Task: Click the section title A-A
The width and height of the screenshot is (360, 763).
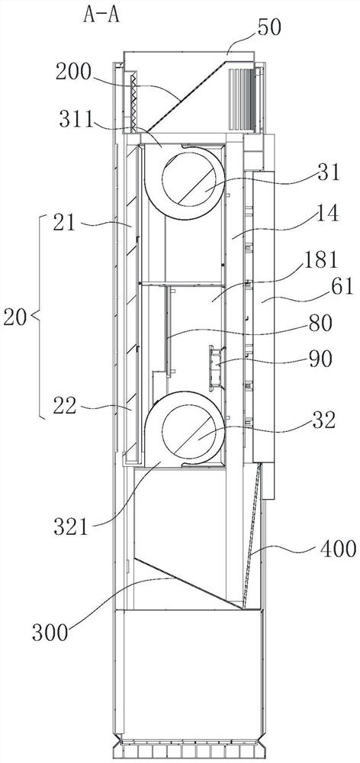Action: (x=101, y=14)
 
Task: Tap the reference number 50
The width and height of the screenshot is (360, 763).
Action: (x=268, y=27)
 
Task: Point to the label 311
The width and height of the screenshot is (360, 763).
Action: (x=77, y=118)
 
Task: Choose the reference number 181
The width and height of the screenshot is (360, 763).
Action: (x=319, y=260)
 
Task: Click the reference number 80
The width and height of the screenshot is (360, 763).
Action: (x=320, y=323)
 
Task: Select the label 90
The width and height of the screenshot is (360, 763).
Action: (x=320, y=359)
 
